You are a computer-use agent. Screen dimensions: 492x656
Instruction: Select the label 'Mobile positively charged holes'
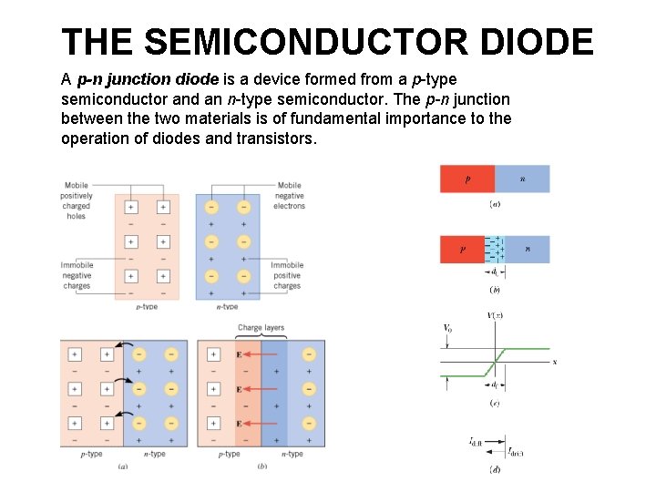pos(77,200)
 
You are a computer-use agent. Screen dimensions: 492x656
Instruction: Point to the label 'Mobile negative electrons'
pos(289,195)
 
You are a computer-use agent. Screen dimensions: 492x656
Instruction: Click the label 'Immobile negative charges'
pos(77,275)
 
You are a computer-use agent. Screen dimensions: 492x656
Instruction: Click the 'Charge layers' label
pos(261,328)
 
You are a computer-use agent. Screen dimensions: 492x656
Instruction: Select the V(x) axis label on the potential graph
pos(495,315)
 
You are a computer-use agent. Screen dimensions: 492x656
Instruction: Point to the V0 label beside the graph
pos(447,327)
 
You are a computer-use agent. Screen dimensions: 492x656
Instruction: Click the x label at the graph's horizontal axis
pos(555,362)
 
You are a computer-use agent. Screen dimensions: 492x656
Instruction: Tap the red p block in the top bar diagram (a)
pos(466,179)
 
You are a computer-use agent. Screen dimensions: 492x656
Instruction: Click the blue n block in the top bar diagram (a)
pos(522,179)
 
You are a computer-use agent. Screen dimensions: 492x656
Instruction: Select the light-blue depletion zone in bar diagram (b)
pos(495,249)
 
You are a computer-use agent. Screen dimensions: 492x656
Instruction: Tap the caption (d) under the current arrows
pos(494,470)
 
